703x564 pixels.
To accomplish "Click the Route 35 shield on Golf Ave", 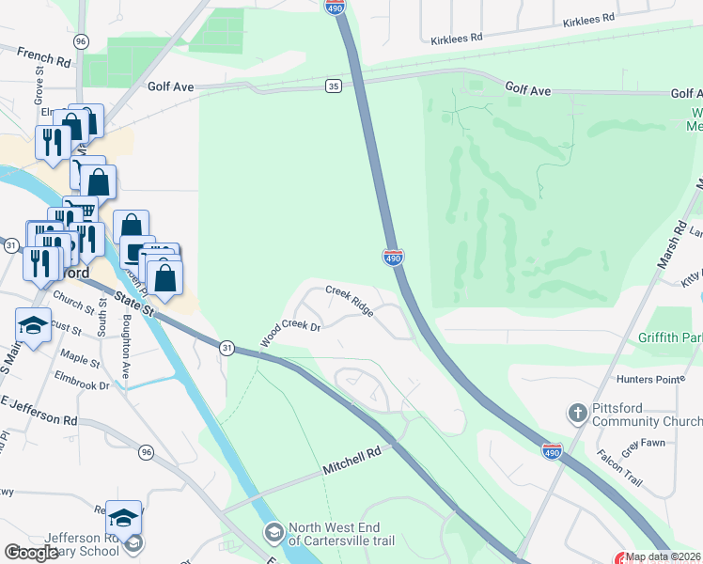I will coord(334,86).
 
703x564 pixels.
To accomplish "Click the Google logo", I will coord(31,553).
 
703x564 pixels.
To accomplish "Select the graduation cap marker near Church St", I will coord(33,326).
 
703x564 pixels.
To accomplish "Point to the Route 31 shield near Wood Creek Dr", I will coord(227,347).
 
